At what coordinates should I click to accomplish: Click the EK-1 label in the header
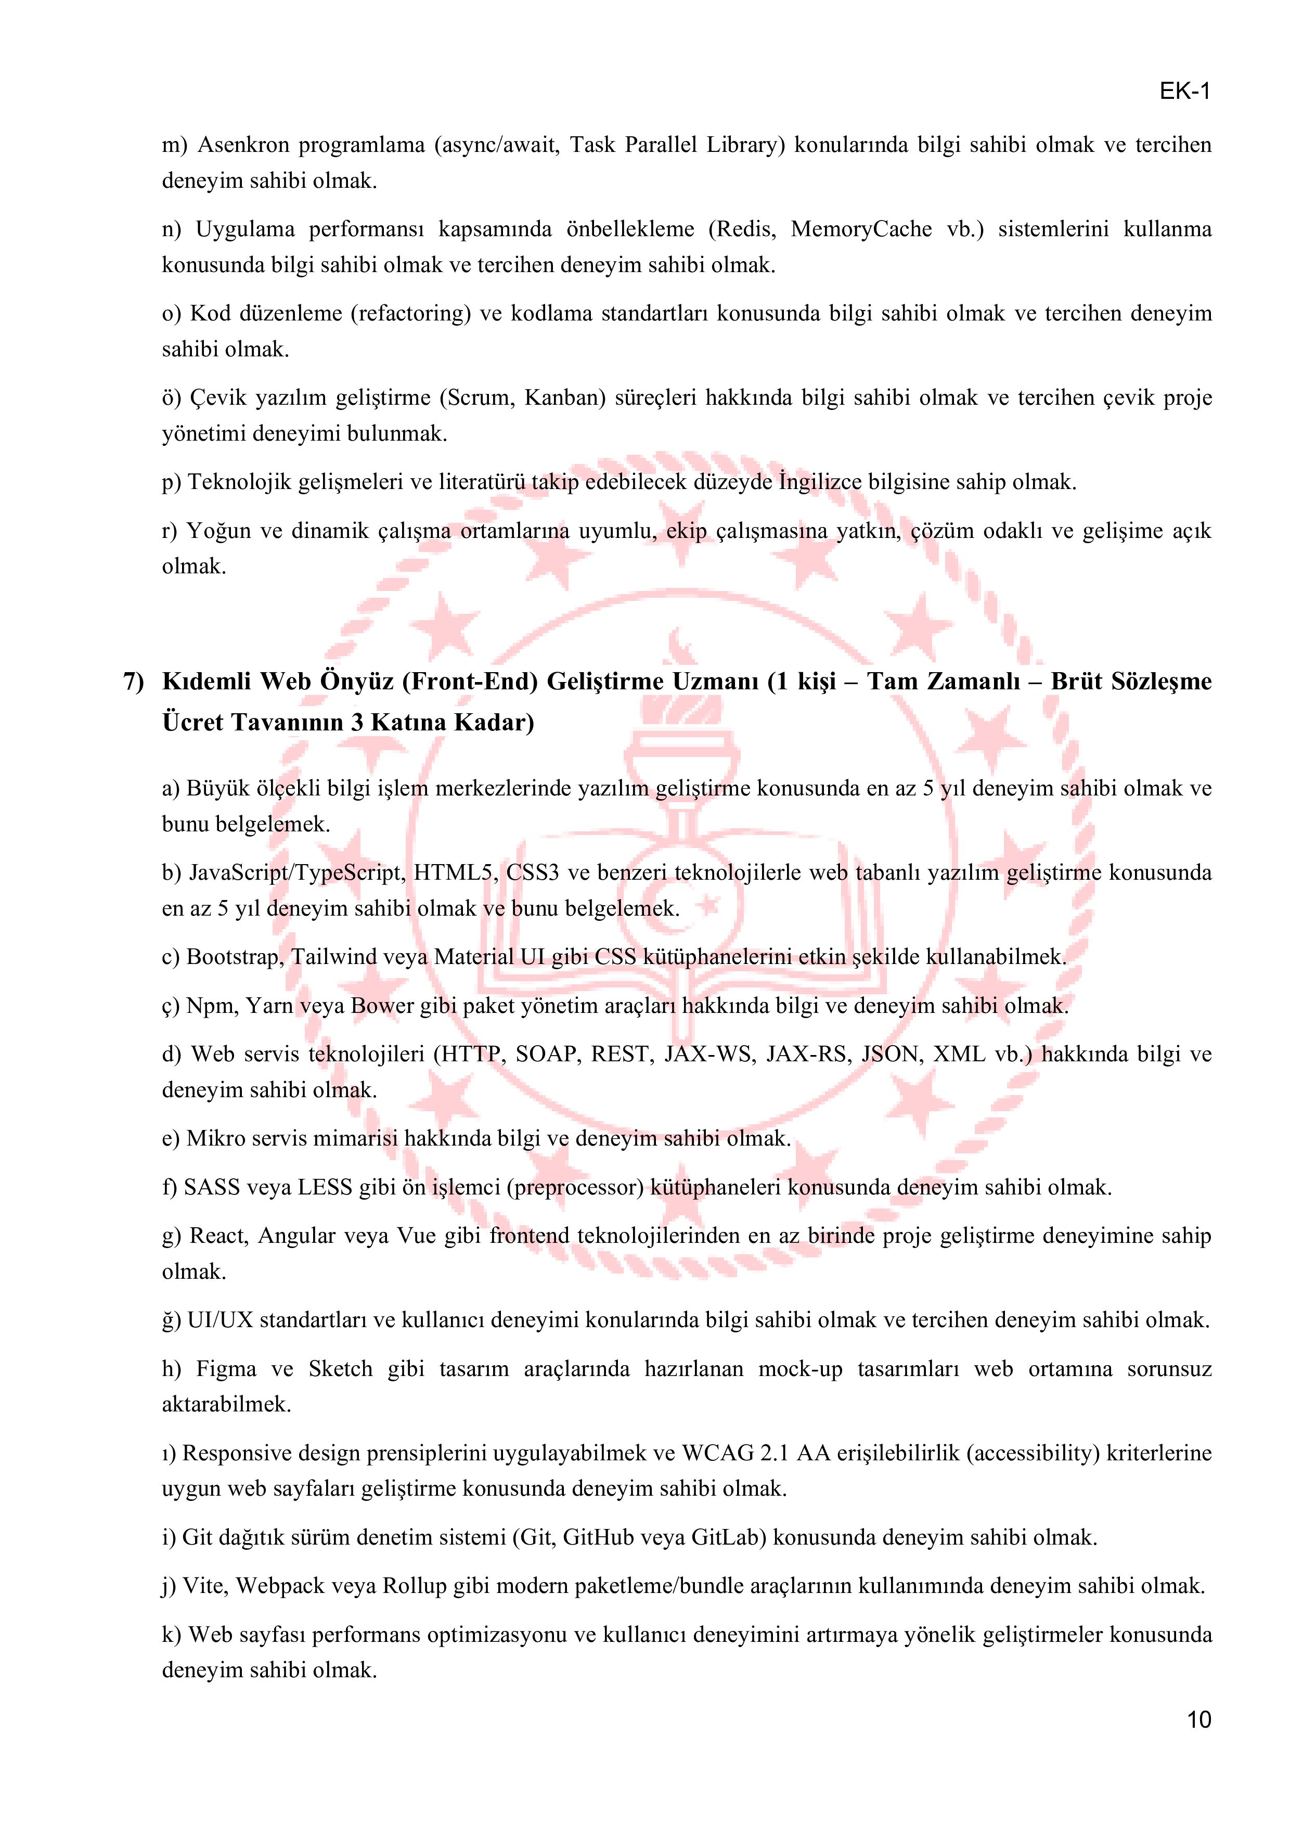[x=1184, y=92]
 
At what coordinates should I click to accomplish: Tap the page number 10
[x=1198, y=1720]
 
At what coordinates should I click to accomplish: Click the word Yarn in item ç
[x=268, y=1006]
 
